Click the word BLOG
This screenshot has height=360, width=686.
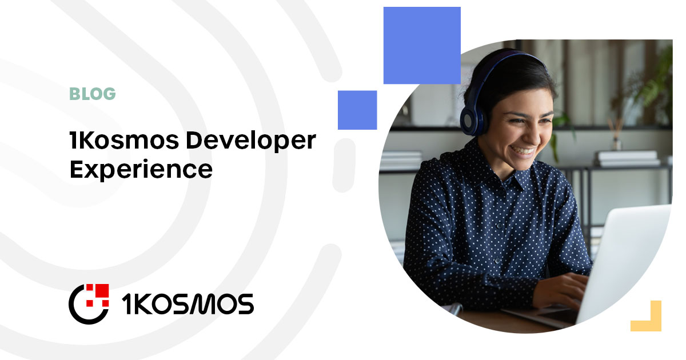click(x=93, y=94)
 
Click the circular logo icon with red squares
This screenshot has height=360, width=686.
click(x=89, y=303)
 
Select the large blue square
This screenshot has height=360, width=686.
click(x=422, y=45)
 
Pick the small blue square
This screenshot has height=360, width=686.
click(x=357, y=110)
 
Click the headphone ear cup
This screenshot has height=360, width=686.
click(x=472, y=119)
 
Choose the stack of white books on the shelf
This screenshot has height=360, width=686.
click(x=627, y=158)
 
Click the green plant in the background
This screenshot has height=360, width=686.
click(x=657, y=86)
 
